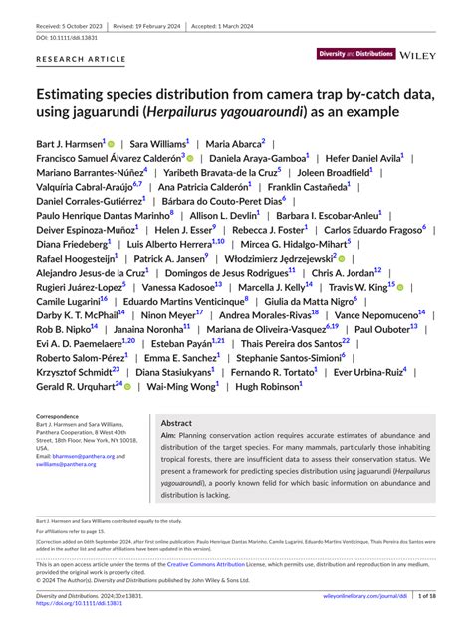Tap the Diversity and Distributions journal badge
pos(355,56)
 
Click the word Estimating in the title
pos(80,96)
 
